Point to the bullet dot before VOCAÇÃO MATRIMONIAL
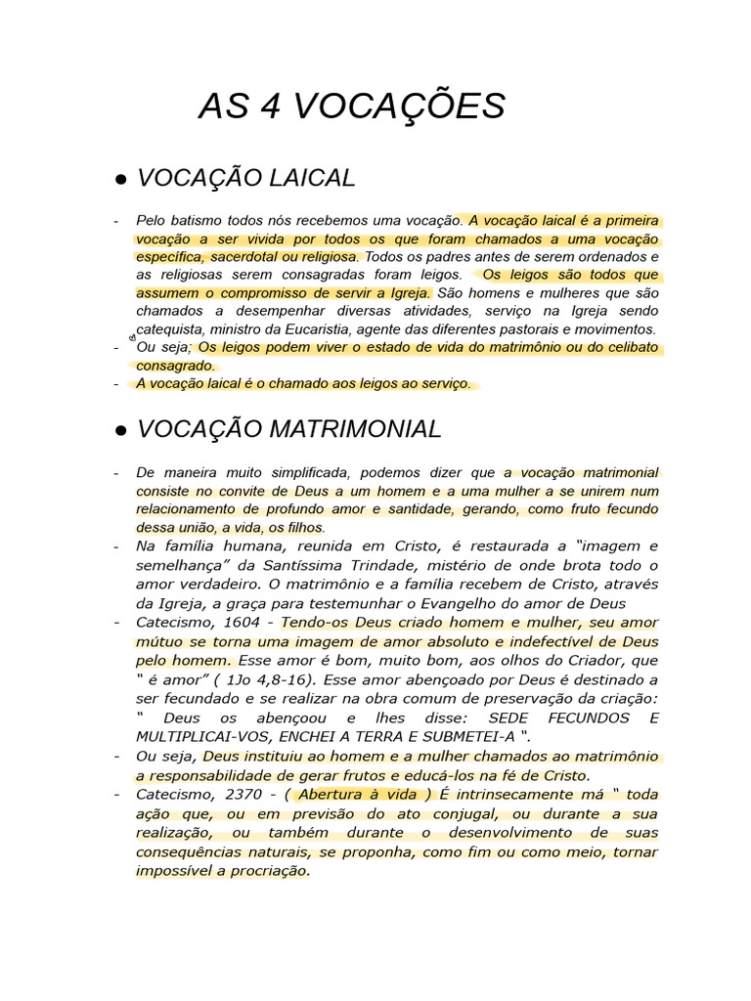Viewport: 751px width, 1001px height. coord(121,431)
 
